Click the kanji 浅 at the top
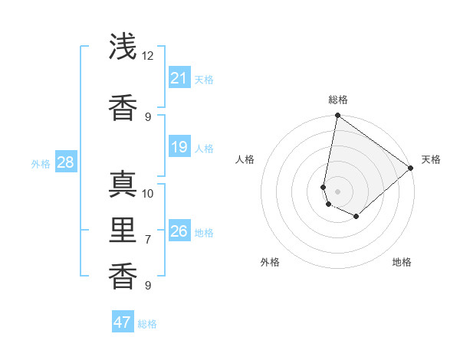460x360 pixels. [123, 47]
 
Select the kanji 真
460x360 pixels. [123, 185]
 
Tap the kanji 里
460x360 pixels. [123, 231]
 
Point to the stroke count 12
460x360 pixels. [148, 56]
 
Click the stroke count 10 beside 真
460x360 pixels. [148, 193]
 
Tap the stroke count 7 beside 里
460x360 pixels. [148, 240]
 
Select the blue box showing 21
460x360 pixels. [179, 78]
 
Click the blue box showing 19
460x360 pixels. [179, 147]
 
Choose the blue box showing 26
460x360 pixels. [179, 231]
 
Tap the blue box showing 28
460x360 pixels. [65, 162]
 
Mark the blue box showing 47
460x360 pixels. [123, 322]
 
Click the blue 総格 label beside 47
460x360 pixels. [147, 324]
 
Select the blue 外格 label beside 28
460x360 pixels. [41, 163]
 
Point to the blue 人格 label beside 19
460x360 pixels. [204, 148]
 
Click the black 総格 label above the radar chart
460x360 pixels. [338, 100]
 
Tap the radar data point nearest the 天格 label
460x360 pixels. [411, 169]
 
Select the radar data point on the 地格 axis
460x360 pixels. [356, 217]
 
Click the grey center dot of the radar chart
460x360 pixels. [338, 191]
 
